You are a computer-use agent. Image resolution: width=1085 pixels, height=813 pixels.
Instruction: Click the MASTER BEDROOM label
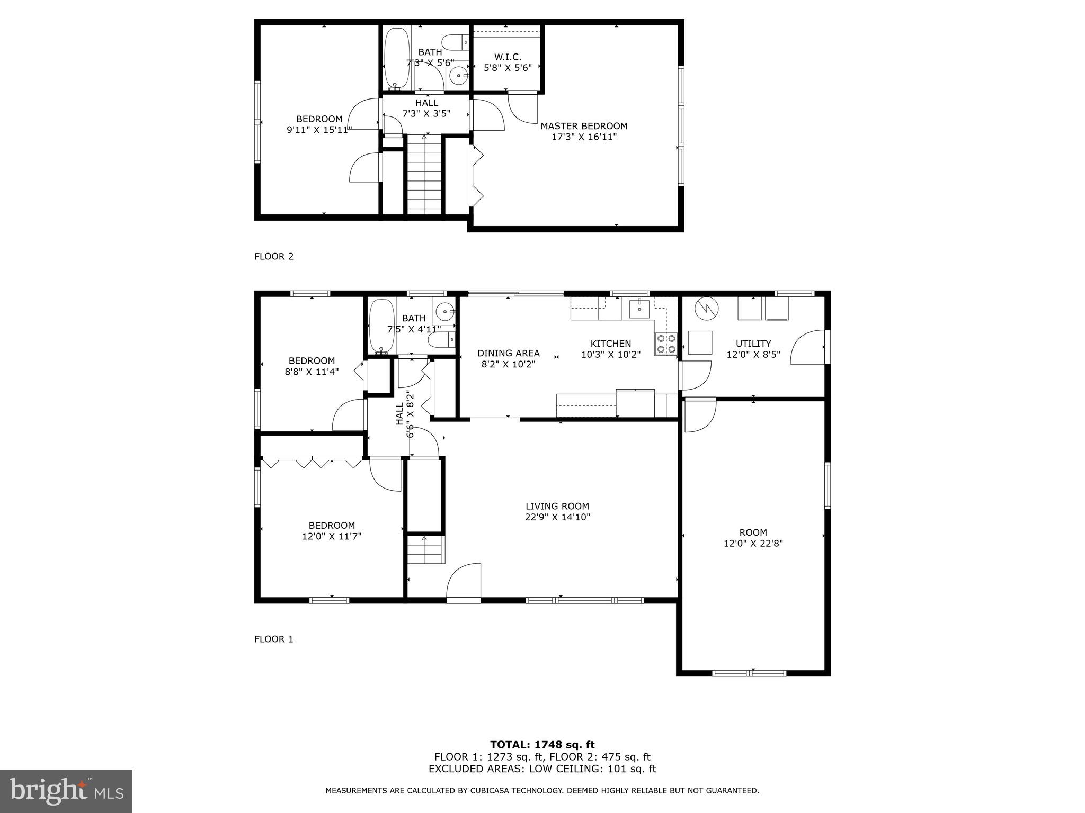(584, 126)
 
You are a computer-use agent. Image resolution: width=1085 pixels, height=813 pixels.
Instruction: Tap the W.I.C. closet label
(508, 57)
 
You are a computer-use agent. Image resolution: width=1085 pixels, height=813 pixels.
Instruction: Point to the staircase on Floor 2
(424, 175)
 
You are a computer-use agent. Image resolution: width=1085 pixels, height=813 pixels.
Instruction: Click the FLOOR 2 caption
(274, 257)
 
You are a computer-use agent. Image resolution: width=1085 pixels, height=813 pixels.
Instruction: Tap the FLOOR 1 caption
(274, 639)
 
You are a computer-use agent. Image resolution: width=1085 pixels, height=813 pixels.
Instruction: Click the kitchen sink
(640, 308)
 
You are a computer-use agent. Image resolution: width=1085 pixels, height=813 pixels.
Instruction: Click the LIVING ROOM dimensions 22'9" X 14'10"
(557, 517)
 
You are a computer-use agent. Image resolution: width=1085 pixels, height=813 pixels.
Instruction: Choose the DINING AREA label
(509, 353)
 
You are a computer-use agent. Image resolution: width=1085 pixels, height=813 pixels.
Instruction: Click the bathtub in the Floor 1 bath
(381, 326)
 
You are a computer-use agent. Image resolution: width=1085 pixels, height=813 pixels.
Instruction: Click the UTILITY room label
(753, 344)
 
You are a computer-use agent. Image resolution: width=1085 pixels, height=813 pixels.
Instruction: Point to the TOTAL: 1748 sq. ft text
(542, 745)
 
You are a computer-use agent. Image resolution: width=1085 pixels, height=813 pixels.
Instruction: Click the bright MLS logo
(66, 791)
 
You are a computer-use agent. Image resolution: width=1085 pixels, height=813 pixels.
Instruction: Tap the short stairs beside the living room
(425, 549)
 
